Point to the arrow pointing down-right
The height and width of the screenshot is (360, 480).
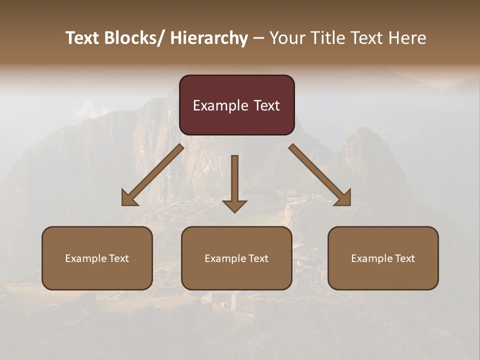pyautogui.click(x=320, y=175)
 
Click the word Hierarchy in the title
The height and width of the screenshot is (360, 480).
pyautogui.click(x=209, y=38)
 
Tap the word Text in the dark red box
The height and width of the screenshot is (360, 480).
pyautogui.click(x=266, y=105)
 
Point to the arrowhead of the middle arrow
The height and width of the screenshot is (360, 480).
pyautogui.click(x=234, y=205)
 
